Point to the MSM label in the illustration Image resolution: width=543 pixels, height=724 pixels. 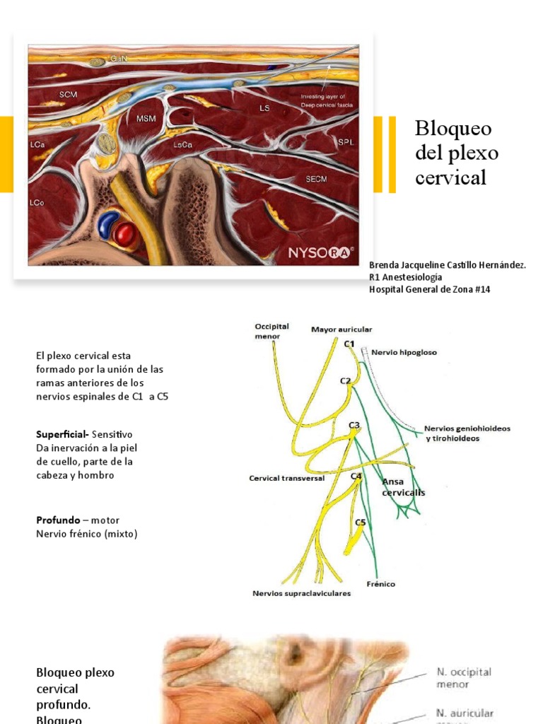click(146, 119)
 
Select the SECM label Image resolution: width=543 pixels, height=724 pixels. click(316, 179)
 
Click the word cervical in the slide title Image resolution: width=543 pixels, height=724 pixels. click(451, 177)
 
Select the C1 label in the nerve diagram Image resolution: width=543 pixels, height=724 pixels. click(349, 344)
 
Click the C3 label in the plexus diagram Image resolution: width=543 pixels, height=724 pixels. click(354, 425)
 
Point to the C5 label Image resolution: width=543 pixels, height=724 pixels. click(360, 522)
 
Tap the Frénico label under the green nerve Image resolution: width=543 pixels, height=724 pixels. click(381, 584)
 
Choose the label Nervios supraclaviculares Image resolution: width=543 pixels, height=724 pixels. click(301, 594)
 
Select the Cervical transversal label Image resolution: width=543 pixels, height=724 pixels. click(286, 479)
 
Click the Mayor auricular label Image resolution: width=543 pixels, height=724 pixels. click(341, 329)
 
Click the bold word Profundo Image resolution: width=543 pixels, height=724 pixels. click(58, 520)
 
